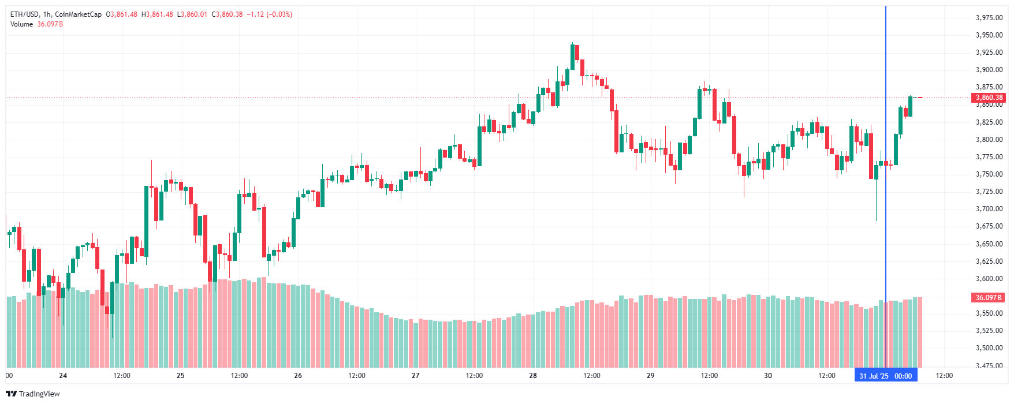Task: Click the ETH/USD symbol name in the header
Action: (24, 14)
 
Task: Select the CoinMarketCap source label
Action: (78, 14)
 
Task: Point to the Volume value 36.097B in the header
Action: (50, 24)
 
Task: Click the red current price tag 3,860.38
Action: (989, 98)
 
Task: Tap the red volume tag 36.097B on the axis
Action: (989, 297)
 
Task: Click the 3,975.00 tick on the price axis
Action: (989, 18)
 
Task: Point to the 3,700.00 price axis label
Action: (989, 209)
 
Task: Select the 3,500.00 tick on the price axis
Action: (989, 348)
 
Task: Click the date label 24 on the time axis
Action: (63, 376)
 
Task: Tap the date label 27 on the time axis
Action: (416, 376)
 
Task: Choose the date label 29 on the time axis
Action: (650, 376)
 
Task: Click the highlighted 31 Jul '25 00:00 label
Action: (885, 376)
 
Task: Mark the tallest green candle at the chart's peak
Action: (572, 57)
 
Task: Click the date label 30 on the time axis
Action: (768, 376)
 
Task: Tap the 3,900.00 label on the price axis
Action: (989, 70)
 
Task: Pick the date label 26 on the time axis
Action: (298, 376)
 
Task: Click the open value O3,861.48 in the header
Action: (121, 14)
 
